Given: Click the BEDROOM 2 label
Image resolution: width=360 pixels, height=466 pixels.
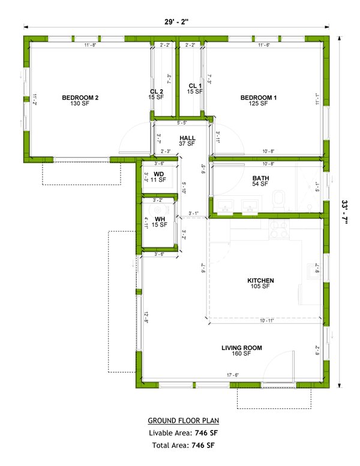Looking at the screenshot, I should pyautogui.click(x=80, y=97).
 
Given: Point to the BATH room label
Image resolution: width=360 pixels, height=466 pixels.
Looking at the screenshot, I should pyautogui.click(x=260, y=178).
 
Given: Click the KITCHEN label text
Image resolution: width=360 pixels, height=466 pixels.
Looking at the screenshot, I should pyautogui.click(x=260, y=280).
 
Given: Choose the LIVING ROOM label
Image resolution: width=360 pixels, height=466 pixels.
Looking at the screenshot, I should pyautogui.click(x=242, y=348).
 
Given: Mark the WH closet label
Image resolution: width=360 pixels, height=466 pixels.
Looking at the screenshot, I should pyautogui.click(x=159, y=219).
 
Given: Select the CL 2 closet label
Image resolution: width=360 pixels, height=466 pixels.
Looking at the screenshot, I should pyautogui.click(x=157, y=92).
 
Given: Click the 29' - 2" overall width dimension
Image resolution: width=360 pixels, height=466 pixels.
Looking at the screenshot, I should pyautogui.click(x=178, y=22).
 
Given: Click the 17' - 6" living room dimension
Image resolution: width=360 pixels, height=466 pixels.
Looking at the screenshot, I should pyautogui.click(x=233, y=375).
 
